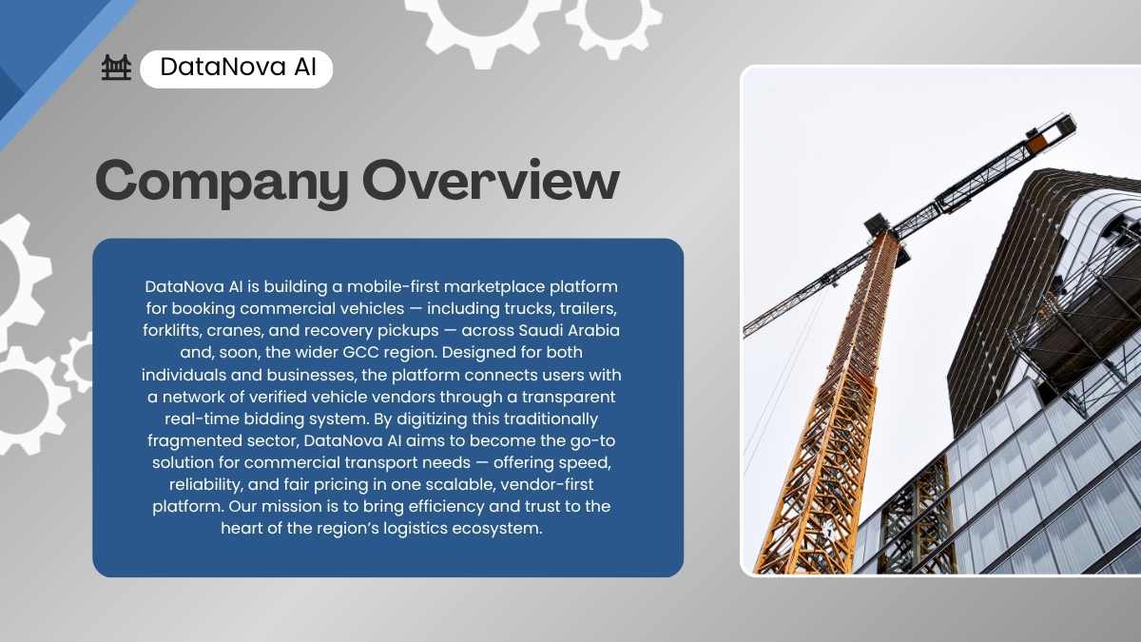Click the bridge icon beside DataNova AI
(x=116, y=68)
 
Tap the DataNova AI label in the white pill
(x=238, y=68)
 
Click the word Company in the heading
(x=222, y=183)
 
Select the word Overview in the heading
(x=491, y=180)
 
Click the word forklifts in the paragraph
(x=172, y=330)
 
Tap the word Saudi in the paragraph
(x=540, y=330)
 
